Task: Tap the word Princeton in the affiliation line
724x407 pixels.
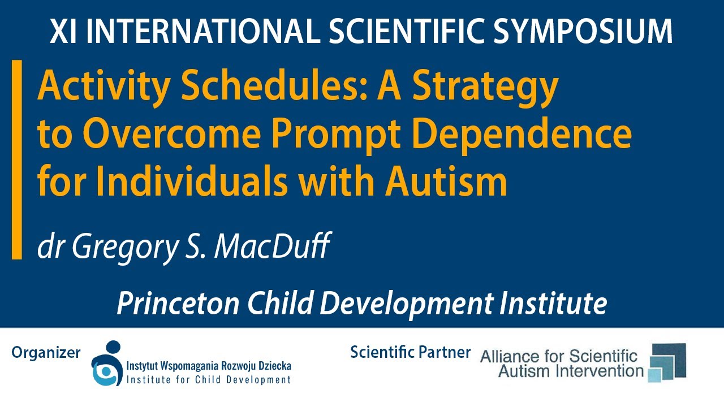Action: click(x=175, y=304)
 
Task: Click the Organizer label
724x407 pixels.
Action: click(x=46, y=353)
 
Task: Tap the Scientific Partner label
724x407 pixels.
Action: click(x=410, y=352)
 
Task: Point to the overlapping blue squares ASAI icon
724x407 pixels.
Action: click(x=667, y=362)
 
